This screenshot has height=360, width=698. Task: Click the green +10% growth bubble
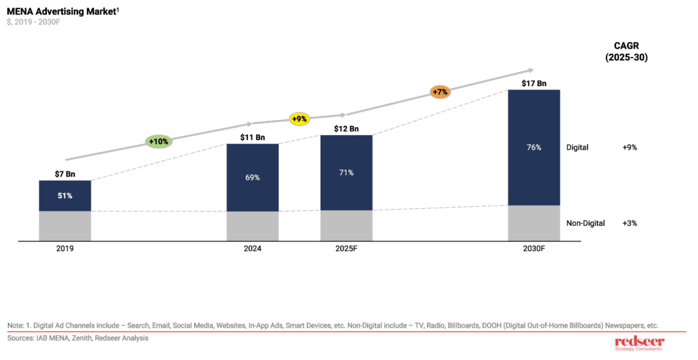click(158, 141)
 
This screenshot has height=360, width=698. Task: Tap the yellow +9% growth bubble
click(299, 119)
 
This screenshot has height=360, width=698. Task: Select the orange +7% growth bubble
click(440, 92)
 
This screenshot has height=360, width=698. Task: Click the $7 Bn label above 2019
click(65, 174)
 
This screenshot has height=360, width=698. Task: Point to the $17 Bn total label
click(534, 84)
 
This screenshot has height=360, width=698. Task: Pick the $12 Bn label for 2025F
click(346, 129)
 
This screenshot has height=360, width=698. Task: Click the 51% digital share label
click(65, 196)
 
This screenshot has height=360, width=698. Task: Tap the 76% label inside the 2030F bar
click(534, 147)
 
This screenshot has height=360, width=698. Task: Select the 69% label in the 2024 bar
click(253, 178)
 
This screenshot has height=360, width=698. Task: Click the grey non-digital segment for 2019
click(65, 226)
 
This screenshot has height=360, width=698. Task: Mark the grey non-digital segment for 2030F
click(534, 223)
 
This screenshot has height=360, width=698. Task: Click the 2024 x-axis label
click(253, 249)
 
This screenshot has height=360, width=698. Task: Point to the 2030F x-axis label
click(534, 249)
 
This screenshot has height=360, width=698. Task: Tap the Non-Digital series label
click(586, 223)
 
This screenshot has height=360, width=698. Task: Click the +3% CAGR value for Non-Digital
click(629, 223)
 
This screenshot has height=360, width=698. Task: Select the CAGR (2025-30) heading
click(626, 51)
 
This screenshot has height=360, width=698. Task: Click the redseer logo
click(639, 343)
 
